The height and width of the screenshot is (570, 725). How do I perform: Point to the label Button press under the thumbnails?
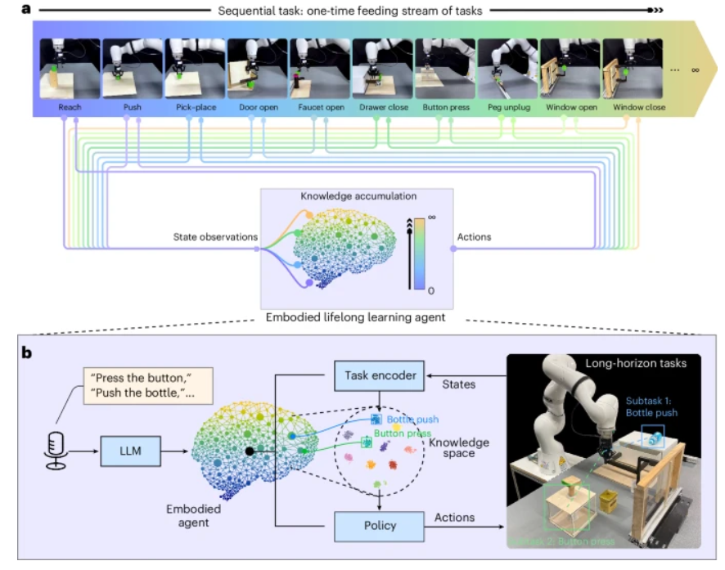tap(444, 107)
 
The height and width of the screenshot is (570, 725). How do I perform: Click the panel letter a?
tap(27, 10)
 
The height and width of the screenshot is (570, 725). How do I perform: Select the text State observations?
tap(215, 237)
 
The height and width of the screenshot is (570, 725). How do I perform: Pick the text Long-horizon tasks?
tap(628, 362)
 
